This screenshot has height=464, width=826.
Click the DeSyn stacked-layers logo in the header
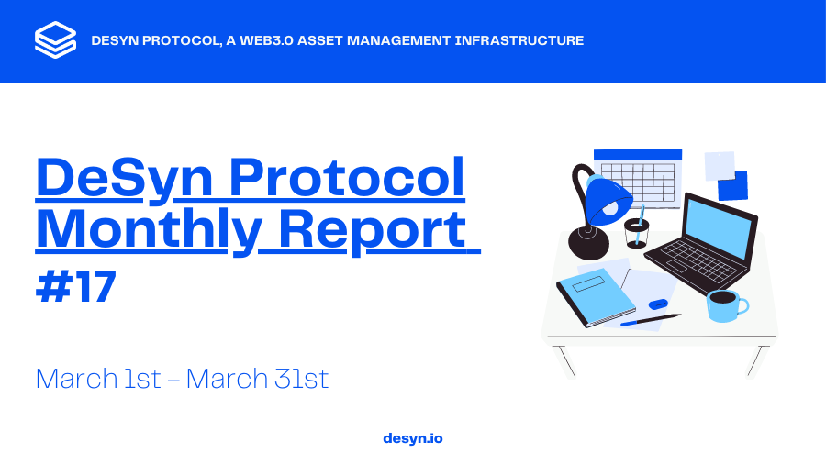(55, 40)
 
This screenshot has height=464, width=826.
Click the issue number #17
(76, 287)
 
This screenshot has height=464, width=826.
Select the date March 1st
(98, 378)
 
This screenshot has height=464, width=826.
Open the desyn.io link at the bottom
(412, 438)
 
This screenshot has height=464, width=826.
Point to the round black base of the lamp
(588, 243)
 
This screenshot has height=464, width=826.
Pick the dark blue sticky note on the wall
(732, 186)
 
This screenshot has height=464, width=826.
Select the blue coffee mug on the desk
(725, 304)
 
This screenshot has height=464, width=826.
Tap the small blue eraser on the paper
(658, 304)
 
